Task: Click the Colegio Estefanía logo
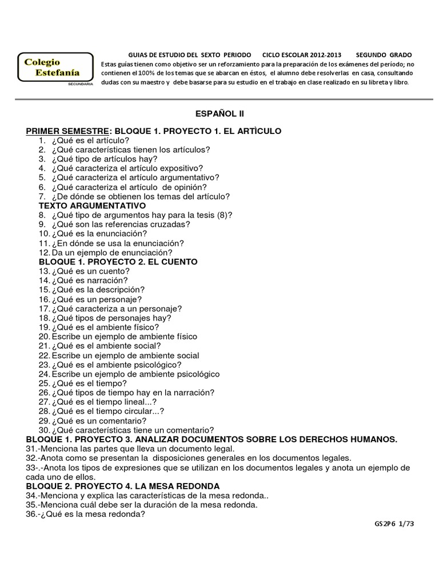click(x=55, y=69)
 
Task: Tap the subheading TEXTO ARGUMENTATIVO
click(x=92, y=205)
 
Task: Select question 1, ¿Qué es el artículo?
click(x=90, y=140)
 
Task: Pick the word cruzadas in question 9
click(x=169, y=224)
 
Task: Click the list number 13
click(x=44, y=271)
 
